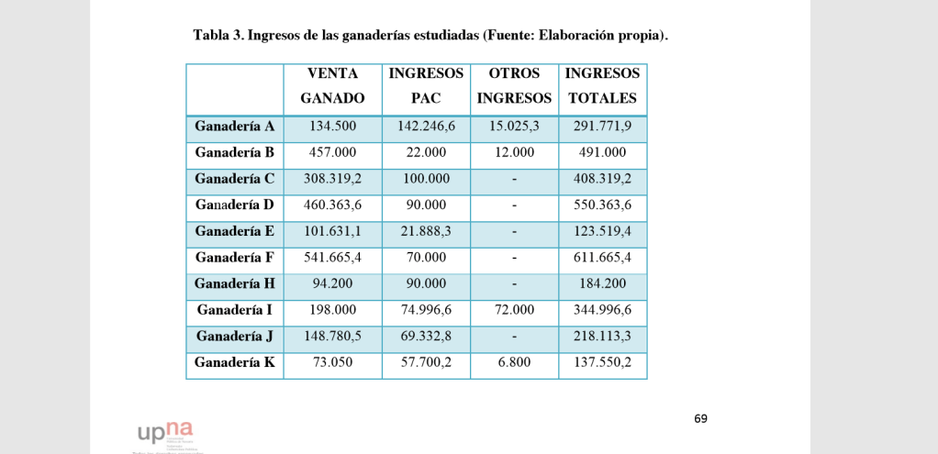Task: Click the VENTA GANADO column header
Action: (x=332, y=85)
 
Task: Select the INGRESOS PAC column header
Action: (x=426, y=85)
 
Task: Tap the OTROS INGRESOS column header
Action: (x=514, y=85)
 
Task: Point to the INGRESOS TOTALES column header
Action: (x=602, y=85)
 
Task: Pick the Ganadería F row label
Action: (x=235, y=258)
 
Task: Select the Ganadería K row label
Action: (x=235, y=363)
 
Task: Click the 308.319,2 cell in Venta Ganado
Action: (x=332, y=179)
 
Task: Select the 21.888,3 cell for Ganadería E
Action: (x=426, y=231)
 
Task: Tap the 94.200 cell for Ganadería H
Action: (x=332, y=284)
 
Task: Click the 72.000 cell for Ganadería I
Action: (x=514, y=311)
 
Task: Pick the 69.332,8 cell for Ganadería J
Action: (x=426, y=337)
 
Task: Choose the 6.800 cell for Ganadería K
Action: (x=514, y=363)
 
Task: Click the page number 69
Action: (x=700, y=419)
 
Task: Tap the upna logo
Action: (x=166, y=431)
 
